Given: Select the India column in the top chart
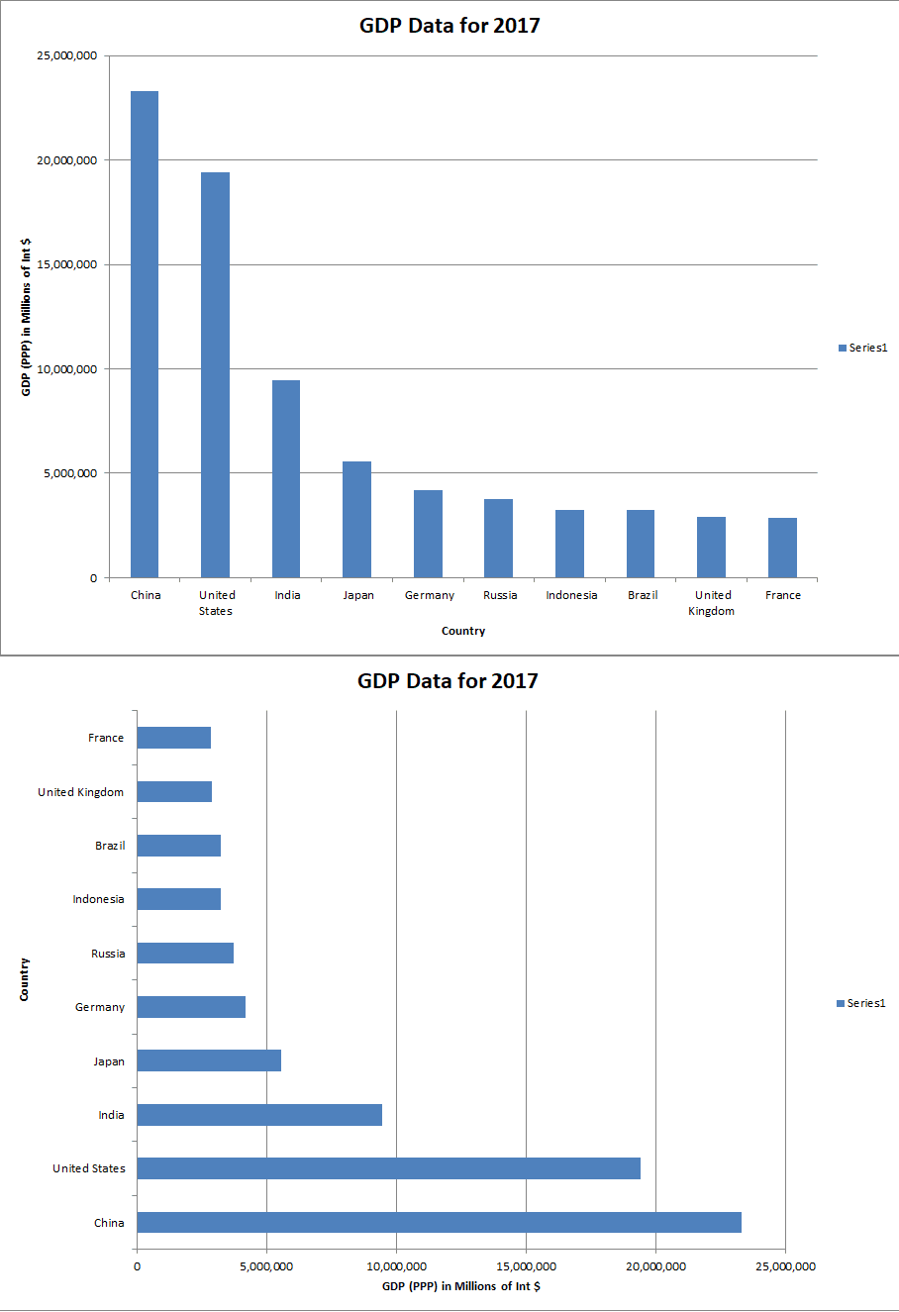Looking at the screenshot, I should [286, 479].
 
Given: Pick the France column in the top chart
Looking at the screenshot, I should [782, 548].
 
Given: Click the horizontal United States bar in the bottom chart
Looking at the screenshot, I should [388, 1168].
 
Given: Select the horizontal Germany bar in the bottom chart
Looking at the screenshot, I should [191, 1007].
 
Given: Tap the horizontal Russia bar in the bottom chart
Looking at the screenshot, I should [185, 953].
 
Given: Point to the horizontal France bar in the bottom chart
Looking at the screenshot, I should [173, 738].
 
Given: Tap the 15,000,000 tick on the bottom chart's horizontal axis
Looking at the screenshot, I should [526, 1265].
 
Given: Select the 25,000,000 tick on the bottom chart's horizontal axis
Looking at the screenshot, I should [784, 1265].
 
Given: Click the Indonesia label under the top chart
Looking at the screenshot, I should [571, 595].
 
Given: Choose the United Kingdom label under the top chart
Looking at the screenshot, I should [712, 603].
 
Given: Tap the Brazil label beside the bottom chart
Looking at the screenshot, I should [110, 846].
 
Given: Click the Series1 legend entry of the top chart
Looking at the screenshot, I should [862, 348].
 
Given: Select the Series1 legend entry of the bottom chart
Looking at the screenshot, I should [860, 1003].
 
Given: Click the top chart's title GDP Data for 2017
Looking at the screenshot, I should [449, 26].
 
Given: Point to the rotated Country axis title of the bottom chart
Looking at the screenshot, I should [24, 979].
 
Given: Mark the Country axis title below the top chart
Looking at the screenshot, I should [463, 631].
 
